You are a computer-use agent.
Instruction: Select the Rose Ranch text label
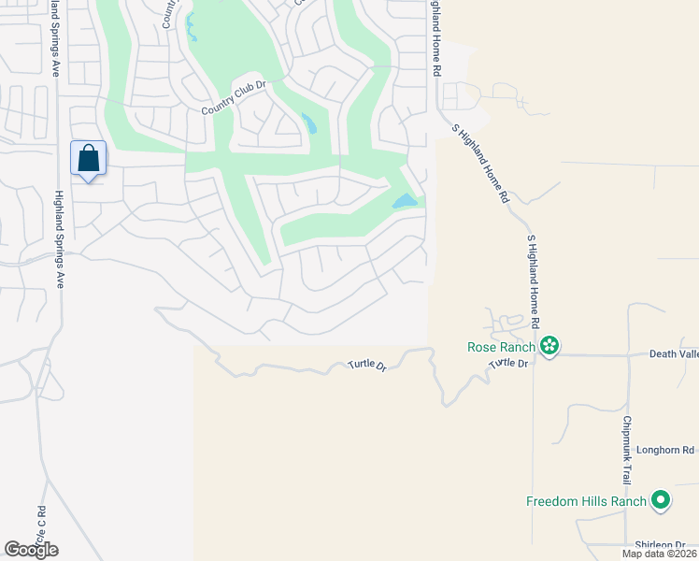click(501, 347)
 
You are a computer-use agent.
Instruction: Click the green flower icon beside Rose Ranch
click(550, 347)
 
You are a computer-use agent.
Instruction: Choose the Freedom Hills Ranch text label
click(586, 501)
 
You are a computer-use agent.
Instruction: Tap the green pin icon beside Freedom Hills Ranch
click(661, 501)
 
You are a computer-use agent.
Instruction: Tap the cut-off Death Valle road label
click(674, 354)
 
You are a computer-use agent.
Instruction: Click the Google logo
click(31, 549)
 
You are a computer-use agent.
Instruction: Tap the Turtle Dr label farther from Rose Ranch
click(367, 365)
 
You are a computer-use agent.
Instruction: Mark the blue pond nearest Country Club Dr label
click(309, 123)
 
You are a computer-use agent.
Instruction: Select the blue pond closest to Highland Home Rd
click(404, 201)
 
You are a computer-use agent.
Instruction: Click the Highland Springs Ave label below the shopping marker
click(59, 238)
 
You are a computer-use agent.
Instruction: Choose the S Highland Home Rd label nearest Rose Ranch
click(534, 280)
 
